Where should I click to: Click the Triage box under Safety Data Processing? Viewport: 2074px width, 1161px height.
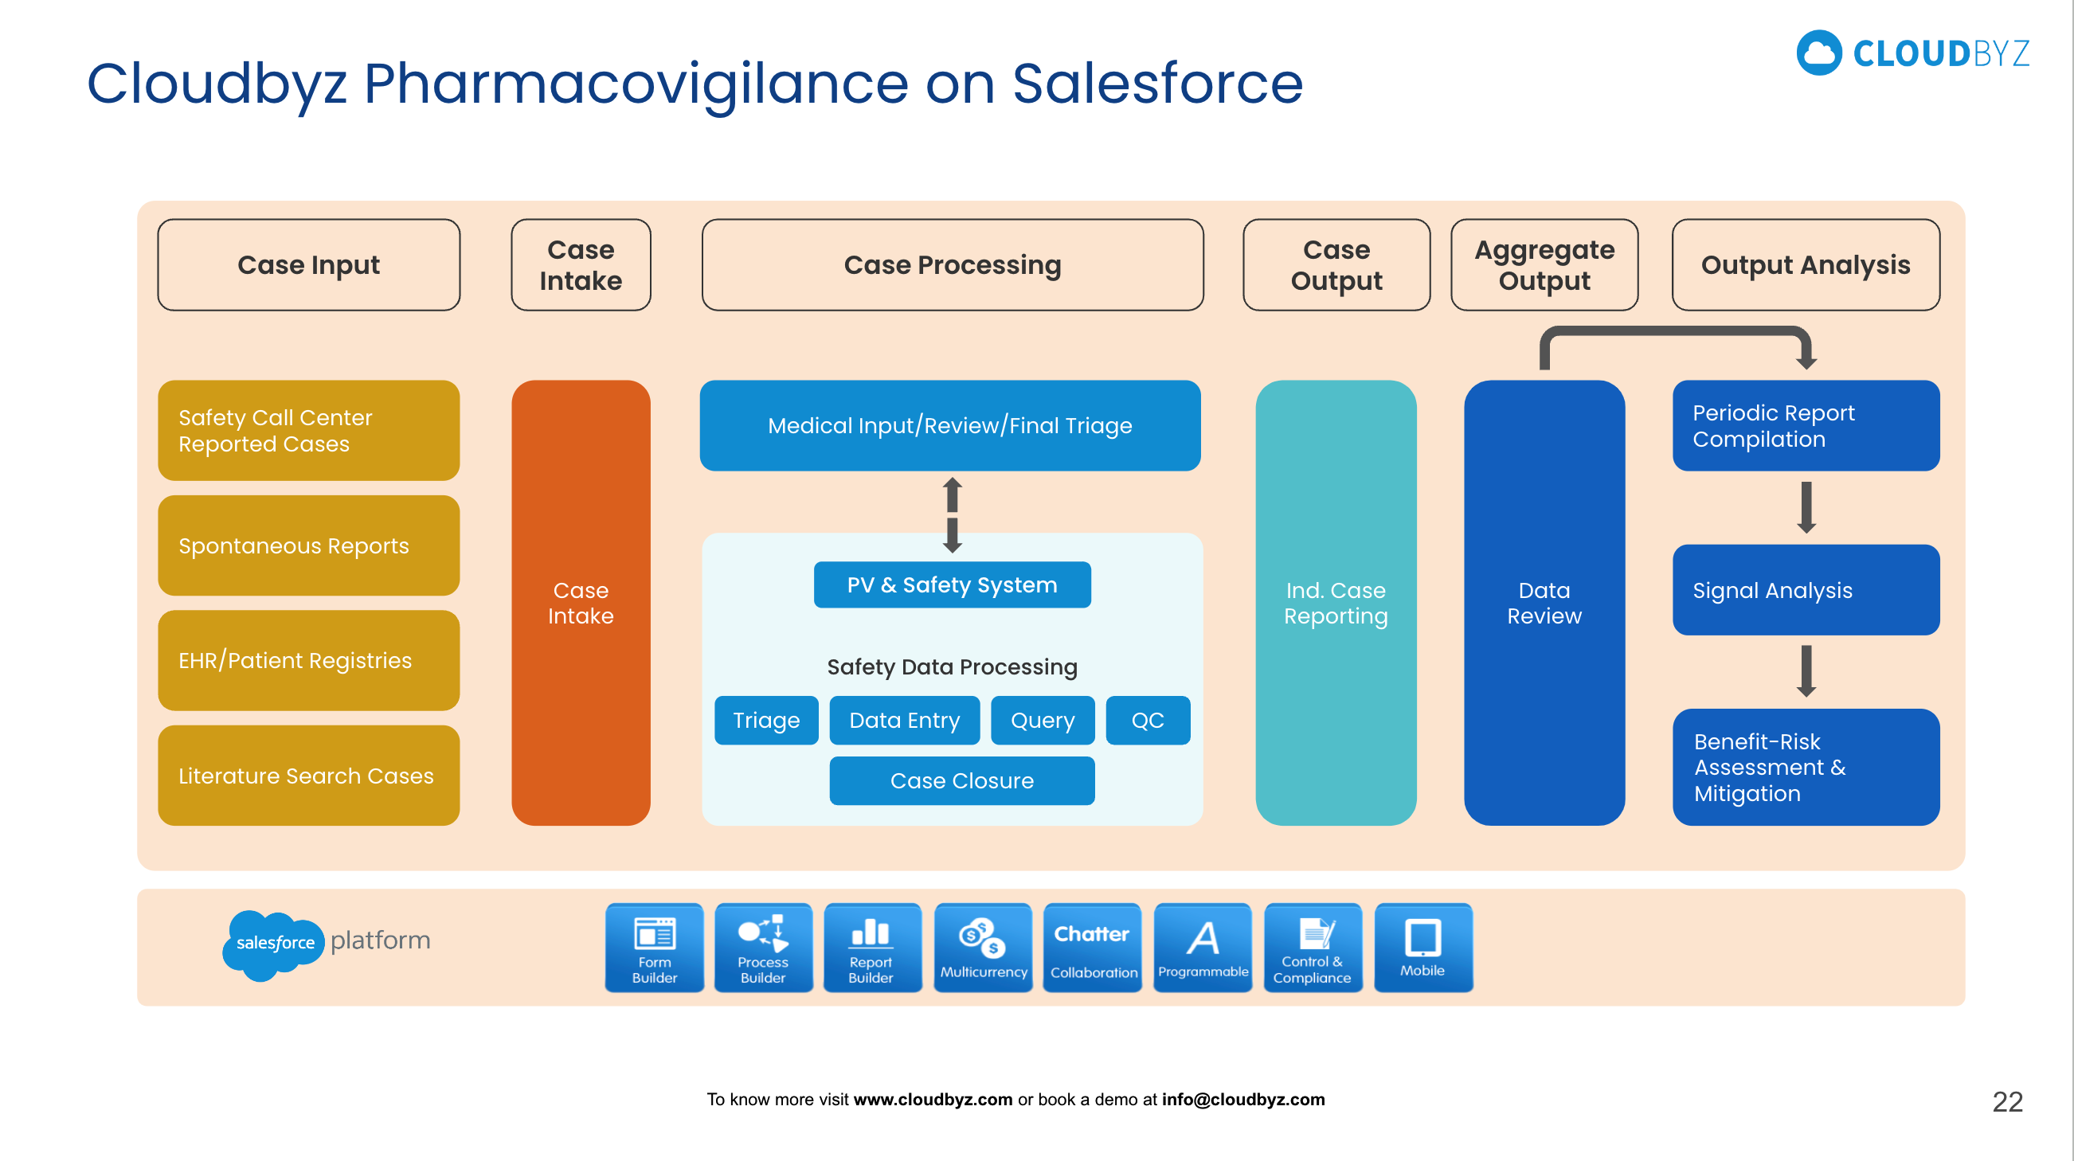[765, 720]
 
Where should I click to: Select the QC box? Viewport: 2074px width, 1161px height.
[1147, 720]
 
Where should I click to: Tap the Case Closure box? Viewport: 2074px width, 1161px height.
[961, 780]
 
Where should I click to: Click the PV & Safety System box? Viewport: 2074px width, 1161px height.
[952, 584]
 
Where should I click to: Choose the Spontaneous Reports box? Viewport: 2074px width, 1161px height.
[308, 546]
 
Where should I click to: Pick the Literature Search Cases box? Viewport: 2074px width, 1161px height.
[308, 776]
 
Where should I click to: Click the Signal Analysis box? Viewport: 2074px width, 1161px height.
[1805, 590]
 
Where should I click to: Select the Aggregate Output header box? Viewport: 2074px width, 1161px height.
[1544, 265]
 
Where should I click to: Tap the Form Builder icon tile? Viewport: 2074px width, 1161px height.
[654, 948]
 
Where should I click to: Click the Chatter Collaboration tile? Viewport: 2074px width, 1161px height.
[1092, 948]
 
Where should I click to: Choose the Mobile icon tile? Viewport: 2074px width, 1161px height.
[1422, 948]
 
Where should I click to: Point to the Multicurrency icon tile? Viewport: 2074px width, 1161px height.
[982, 948]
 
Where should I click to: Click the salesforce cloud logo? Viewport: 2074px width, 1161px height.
[274, 943]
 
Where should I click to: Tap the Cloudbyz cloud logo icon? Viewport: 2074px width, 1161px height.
[1819, 53]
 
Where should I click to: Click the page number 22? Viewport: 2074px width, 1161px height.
[2006, 1101]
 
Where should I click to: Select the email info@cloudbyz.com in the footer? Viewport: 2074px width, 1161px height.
[1242, 1100]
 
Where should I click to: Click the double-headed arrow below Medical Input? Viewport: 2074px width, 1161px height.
[952, 515]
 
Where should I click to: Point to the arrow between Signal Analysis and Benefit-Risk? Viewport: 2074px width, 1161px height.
[1806, 670]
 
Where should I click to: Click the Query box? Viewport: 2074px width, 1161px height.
[1042, 720]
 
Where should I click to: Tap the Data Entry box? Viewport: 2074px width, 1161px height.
[904, 720]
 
